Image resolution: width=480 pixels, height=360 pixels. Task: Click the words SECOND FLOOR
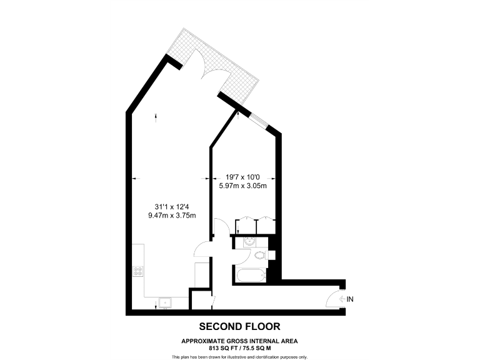239,326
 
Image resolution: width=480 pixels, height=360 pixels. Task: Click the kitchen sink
165,303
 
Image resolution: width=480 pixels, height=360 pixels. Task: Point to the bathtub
249,274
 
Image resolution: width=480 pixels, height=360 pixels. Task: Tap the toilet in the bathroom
259,254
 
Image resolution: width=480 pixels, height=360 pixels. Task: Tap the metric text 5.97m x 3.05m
242,186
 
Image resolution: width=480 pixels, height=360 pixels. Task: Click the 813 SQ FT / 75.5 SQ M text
239,347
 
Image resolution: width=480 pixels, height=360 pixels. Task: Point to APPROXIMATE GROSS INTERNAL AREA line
239,341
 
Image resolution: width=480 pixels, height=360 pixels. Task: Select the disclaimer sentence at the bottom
239,357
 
